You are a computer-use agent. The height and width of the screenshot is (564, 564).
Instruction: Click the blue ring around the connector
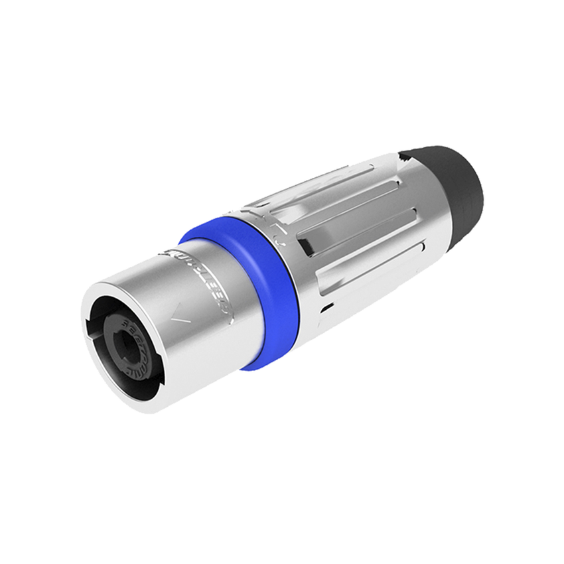pos(279,292)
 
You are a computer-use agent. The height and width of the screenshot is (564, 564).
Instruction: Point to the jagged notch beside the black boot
pos(403,157)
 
